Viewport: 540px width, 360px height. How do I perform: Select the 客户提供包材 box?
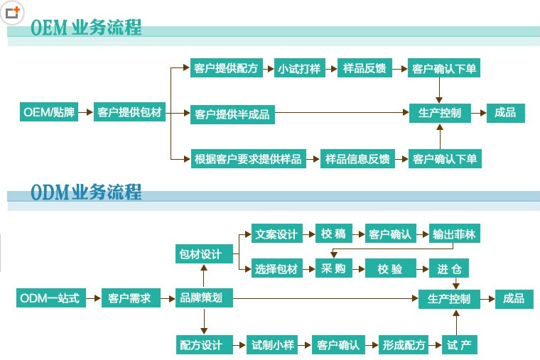(x=129, y=112)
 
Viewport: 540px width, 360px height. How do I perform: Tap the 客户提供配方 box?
(x=226, y=69)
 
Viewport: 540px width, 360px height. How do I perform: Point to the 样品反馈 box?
(x=364, y=69)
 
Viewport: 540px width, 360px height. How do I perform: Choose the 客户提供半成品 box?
(x=232, y=113)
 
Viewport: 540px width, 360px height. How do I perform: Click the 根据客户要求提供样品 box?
(x=247, y=158)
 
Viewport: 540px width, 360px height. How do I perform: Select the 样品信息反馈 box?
(x=357, y=158)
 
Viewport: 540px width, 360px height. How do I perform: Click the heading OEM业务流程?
(x=86, y=28)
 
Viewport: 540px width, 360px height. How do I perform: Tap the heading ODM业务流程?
(x=86, y=192)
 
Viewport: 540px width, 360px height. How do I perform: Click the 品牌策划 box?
(x=204, y=298)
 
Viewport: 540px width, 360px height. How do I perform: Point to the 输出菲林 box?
(x=453, y=234)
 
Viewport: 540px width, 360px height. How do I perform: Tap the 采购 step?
(x=333, y=268)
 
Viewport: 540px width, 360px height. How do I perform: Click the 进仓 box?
(x=449, y=268)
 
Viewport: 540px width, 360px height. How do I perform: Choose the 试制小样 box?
(x=273, y=345)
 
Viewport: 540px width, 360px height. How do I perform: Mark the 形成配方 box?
(x=404, y=345)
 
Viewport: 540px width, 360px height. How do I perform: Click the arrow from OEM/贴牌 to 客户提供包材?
(x=85, y=112)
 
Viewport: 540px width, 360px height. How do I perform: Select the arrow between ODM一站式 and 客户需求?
(x=93, y=298)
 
